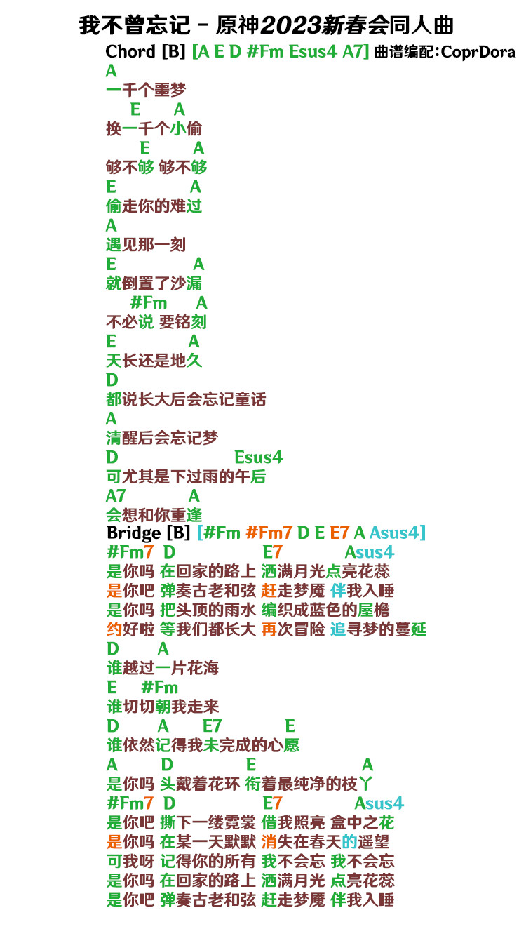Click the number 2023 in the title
pos(291,25)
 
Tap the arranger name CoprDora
pos(478,52)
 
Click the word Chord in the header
pos(130,52)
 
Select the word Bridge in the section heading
pos(134,533)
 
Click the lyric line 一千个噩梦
pos(146,90)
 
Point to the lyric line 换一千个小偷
pos(154,128)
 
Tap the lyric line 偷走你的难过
pos(154,206)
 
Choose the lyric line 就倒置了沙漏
pos(154,283)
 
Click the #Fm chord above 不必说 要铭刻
pos(148,302)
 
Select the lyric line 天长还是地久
pos(154,360)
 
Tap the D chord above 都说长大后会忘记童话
pos(112,380)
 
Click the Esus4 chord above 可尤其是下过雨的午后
pos(259,457)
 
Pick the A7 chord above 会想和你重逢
pos(116,496)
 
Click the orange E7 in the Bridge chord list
pos(339,533)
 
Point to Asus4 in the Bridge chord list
pos(397,533)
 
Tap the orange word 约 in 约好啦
pos(114,629)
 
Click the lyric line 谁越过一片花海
pos(163,668)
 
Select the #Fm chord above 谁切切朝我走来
pos(160,688)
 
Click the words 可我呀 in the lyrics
pos(130,861)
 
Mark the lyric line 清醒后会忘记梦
pos(162,438)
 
